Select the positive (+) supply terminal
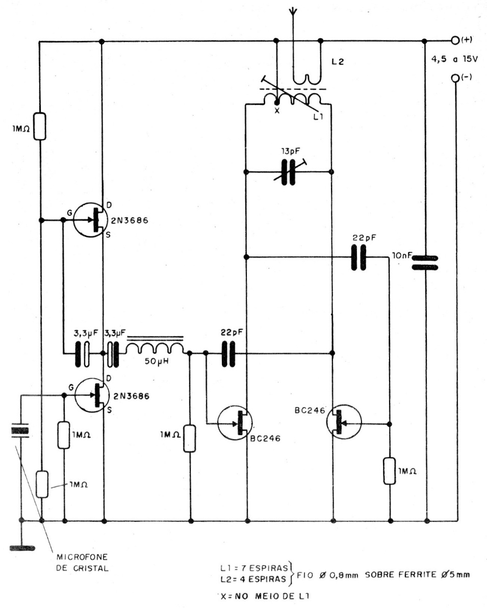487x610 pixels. [x=455, y=40]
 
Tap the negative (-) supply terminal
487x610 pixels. [x=455, y=79]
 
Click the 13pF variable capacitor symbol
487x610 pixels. [x=289, y=171]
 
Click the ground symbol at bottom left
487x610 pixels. [x=21, y=548]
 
